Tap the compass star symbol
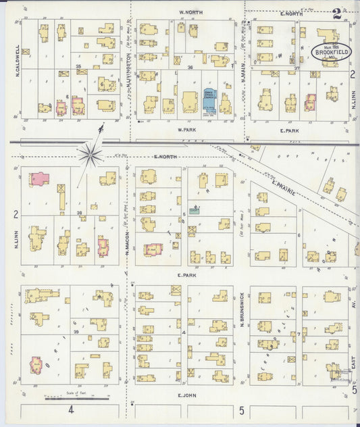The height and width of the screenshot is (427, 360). tap(89, 155)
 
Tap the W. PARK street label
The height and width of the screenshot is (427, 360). tap(186, 128)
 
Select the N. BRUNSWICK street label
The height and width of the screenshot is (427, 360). tap(241, 311)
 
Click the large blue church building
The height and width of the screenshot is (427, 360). tap(209, 102)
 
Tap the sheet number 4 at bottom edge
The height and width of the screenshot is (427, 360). tap(70, 409)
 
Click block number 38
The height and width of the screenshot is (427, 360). tap(79, 213)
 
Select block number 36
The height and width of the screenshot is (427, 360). tap(190, 67)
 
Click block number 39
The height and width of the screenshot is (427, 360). tap(76, 332)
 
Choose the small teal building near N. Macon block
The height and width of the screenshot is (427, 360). tap(195, 211)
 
